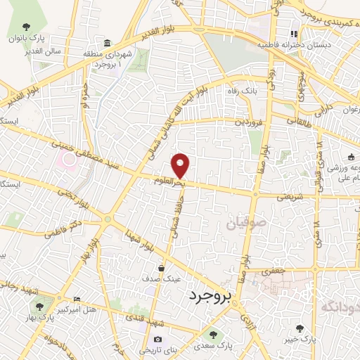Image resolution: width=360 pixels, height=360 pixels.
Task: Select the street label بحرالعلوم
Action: coord(170,181)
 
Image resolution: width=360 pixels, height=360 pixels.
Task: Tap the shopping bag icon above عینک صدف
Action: coord(162,268)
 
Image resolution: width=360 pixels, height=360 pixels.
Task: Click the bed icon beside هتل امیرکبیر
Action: coord(77,300)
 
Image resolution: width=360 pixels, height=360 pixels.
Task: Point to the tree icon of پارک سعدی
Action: coord(212,335)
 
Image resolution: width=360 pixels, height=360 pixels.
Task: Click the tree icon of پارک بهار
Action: coord(39,306)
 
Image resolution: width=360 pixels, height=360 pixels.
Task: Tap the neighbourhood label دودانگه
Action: coord(339,307)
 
